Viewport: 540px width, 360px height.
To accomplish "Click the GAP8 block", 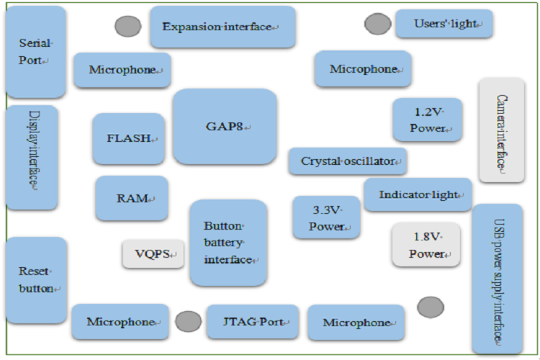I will [225, 127].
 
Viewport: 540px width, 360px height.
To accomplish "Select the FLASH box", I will [130, 138].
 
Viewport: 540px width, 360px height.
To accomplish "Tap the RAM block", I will [132, 198].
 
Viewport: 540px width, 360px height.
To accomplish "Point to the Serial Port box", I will [35, 52].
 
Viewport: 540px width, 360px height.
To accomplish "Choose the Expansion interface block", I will [222, 27].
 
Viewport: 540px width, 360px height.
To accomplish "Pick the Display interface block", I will [32, 157].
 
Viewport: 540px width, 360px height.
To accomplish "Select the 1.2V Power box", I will [428, 120].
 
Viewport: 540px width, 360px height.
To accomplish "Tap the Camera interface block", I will [501, 130].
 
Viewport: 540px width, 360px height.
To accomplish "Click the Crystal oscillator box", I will [348, 161].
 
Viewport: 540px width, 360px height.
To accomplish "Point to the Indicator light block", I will [418, 194].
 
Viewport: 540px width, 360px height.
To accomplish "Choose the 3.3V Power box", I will [326, 217].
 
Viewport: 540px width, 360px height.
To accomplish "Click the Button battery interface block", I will [228, 243].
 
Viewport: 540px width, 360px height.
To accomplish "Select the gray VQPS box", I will [153, 253].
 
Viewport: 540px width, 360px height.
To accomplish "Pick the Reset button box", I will [36, 279].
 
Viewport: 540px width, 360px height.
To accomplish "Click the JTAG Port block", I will [252, 321].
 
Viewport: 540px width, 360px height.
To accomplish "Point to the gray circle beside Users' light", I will [377, 24].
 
